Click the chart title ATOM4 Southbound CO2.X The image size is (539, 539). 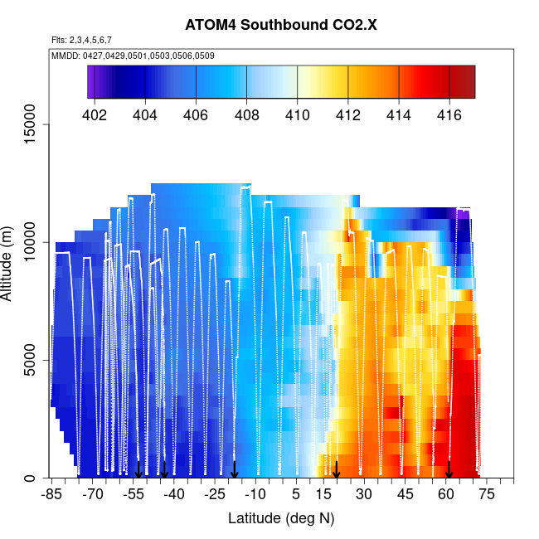281,25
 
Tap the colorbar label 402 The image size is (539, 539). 95,115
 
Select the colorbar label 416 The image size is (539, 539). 449,115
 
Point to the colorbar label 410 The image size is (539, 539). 297,115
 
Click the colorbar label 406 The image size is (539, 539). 196,115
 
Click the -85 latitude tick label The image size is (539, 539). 51,496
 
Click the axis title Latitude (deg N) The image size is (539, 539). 281,519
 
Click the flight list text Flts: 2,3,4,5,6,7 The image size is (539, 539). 81,40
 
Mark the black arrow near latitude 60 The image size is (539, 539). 449,470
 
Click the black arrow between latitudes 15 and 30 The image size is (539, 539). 337,470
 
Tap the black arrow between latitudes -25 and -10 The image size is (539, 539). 235,470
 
